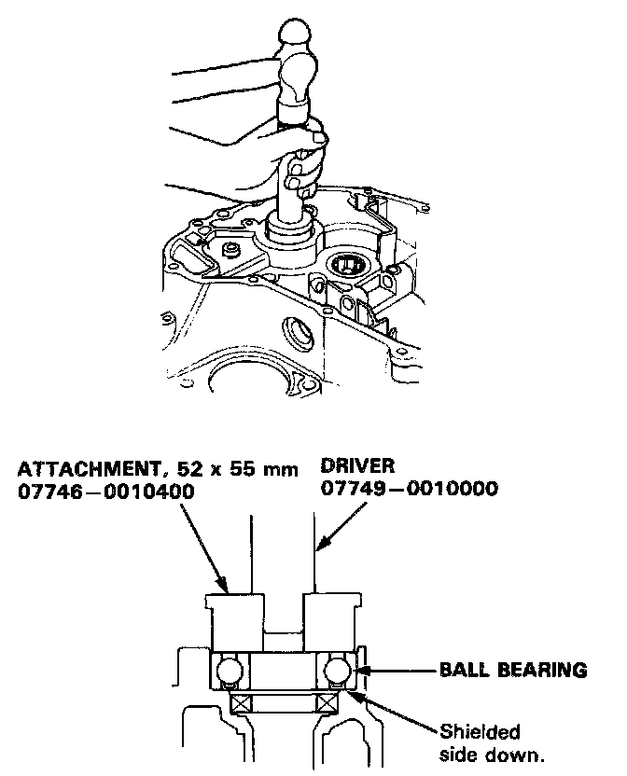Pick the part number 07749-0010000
(x=409, y=490)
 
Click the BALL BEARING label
(x=514, y=669)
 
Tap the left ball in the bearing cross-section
(x=229, y=670)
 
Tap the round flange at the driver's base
(x=290, y=228)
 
